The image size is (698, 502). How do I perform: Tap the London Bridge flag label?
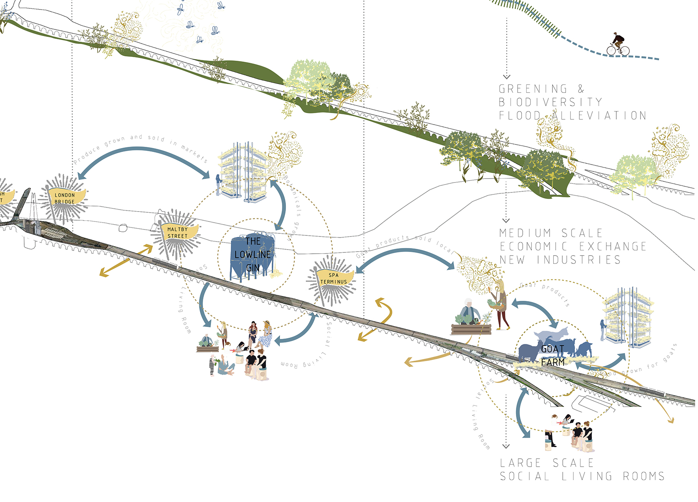65,198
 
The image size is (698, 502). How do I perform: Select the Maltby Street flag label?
177,233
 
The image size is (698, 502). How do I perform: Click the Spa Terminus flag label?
334,278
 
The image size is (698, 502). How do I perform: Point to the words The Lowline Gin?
253,254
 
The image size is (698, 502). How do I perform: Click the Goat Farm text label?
553,356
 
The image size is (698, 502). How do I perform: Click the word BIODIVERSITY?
550,102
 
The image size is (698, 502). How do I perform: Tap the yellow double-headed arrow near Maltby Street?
126,260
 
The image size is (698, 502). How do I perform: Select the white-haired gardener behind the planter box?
469,312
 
